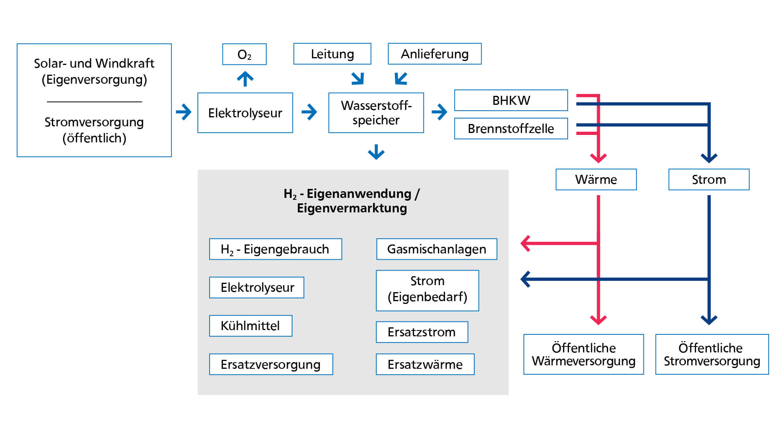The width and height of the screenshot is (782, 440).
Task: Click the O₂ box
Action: coord(244,54)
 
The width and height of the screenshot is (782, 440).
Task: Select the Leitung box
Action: coord(332,54)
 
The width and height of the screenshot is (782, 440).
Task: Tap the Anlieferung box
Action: coord(434,54)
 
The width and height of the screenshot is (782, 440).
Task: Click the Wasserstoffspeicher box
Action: coord(376,113)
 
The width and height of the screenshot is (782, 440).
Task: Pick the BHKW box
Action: coord(511,101)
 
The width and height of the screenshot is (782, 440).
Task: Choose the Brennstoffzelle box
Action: coord(511,129)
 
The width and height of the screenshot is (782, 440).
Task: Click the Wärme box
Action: coord(596,180)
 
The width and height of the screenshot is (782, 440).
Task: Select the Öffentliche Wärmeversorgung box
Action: coord(583,354)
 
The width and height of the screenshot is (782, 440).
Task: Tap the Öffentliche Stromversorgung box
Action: coord(712,354)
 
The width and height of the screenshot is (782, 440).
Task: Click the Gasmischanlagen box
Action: coord(436,249)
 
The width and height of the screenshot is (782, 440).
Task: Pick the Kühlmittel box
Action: coord(251,326)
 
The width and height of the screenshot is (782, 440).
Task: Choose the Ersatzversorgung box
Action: coord(271,365)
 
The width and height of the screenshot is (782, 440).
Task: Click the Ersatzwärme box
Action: coord(425,365)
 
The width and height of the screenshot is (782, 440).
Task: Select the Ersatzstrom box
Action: coord(422,332)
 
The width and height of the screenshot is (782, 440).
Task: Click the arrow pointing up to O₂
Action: coord(245,79)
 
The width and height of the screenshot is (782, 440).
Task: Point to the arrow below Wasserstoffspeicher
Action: coord(376,152)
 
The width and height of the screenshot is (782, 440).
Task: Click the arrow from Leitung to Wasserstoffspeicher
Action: coord(358,79)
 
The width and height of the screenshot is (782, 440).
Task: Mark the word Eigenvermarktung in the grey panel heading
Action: coord(352,208)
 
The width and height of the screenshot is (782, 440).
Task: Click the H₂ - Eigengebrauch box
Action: coord(275,249)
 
